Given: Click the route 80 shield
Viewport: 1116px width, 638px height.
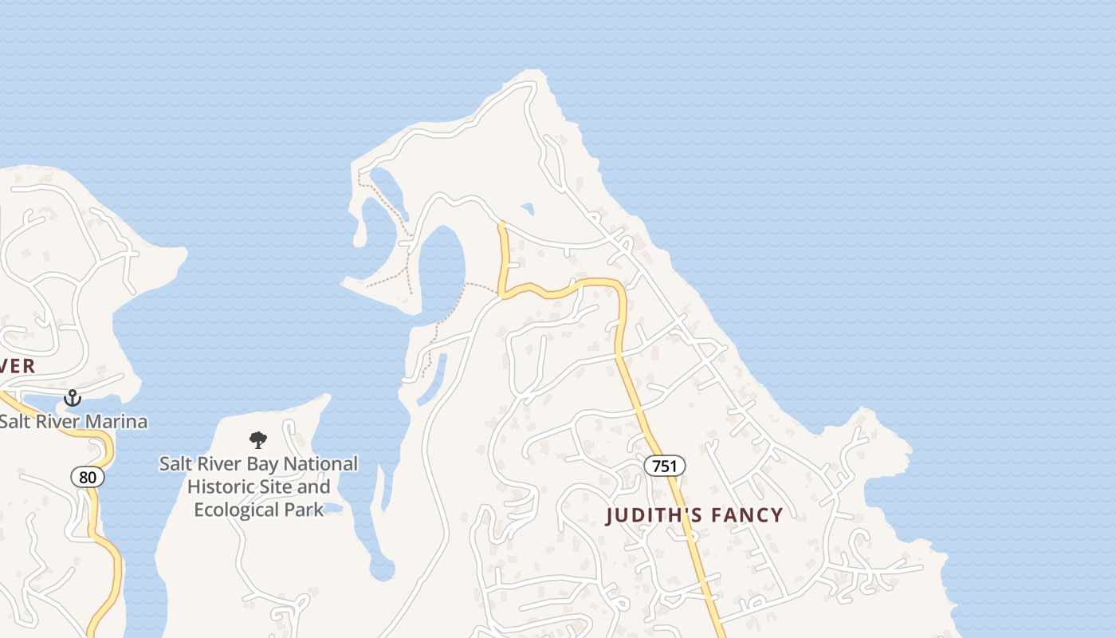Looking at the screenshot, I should (88, 477).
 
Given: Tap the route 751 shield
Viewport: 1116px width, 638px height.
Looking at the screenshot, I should (664, 466).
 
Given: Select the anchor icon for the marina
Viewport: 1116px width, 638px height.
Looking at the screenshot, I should (73, 397).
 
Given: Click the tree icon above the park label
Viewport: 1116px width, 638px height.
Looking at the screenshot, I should (257, 439).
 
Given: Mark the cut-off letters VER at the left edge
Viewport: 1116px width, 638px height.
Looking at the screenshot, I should (18, 366).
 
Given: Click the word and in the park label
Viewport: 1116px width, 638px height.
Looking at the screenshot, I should (314, 486).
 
